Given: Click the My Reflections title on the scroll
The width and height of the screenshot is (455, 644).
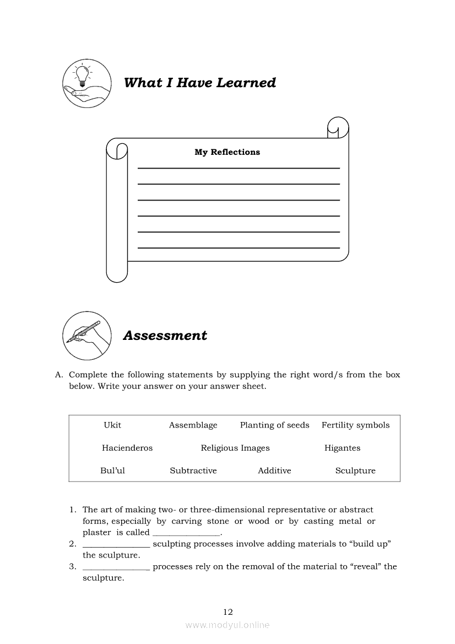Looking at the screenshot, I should (x=227, y=152).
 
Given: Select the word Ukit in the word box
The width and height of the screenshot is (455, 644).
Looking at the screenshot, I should (x=112, y=425).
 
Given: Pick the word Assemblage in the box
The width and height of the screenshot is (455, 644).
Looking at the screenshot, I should (x=193, y=425).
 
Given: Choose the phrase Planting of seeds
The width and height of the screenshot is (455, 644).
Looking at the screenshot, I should (x=274, y=425).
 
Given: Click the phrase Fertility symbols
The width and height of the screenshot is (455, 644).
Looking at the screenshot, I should (x=355, y=425).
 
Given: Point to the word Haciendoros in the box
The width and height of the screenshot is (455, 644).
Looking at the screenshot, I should (x=127, y=448).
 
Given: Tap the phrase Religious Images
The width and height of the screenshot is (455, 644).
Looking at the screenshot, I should (x=235, y=448).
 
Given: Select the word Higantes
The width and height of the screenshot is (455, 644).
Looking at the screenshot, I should (x=342, y=448).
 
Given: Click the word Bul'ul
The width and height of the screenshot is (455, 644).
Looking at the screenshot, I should (x=112, y=471).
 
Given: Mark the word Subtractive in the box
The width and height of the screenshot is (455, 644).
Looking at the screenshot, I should (x=193, y=471).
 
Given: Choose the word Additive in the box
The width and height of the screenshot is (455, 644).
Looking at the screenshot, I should (x=274, y=471).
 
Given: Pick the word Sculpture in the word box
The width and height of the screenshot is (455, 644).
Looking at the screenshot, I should (x=355, y=471).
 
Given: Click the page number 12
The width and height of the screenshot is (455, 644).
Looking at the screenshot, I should (x=228, y=612).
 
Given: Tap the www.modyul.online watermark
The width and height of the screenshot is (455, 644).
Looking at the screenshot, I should (x=227, y=625).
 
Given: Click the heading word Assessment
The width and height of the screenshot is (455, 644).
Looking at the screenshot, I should (x=165, y=335).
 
